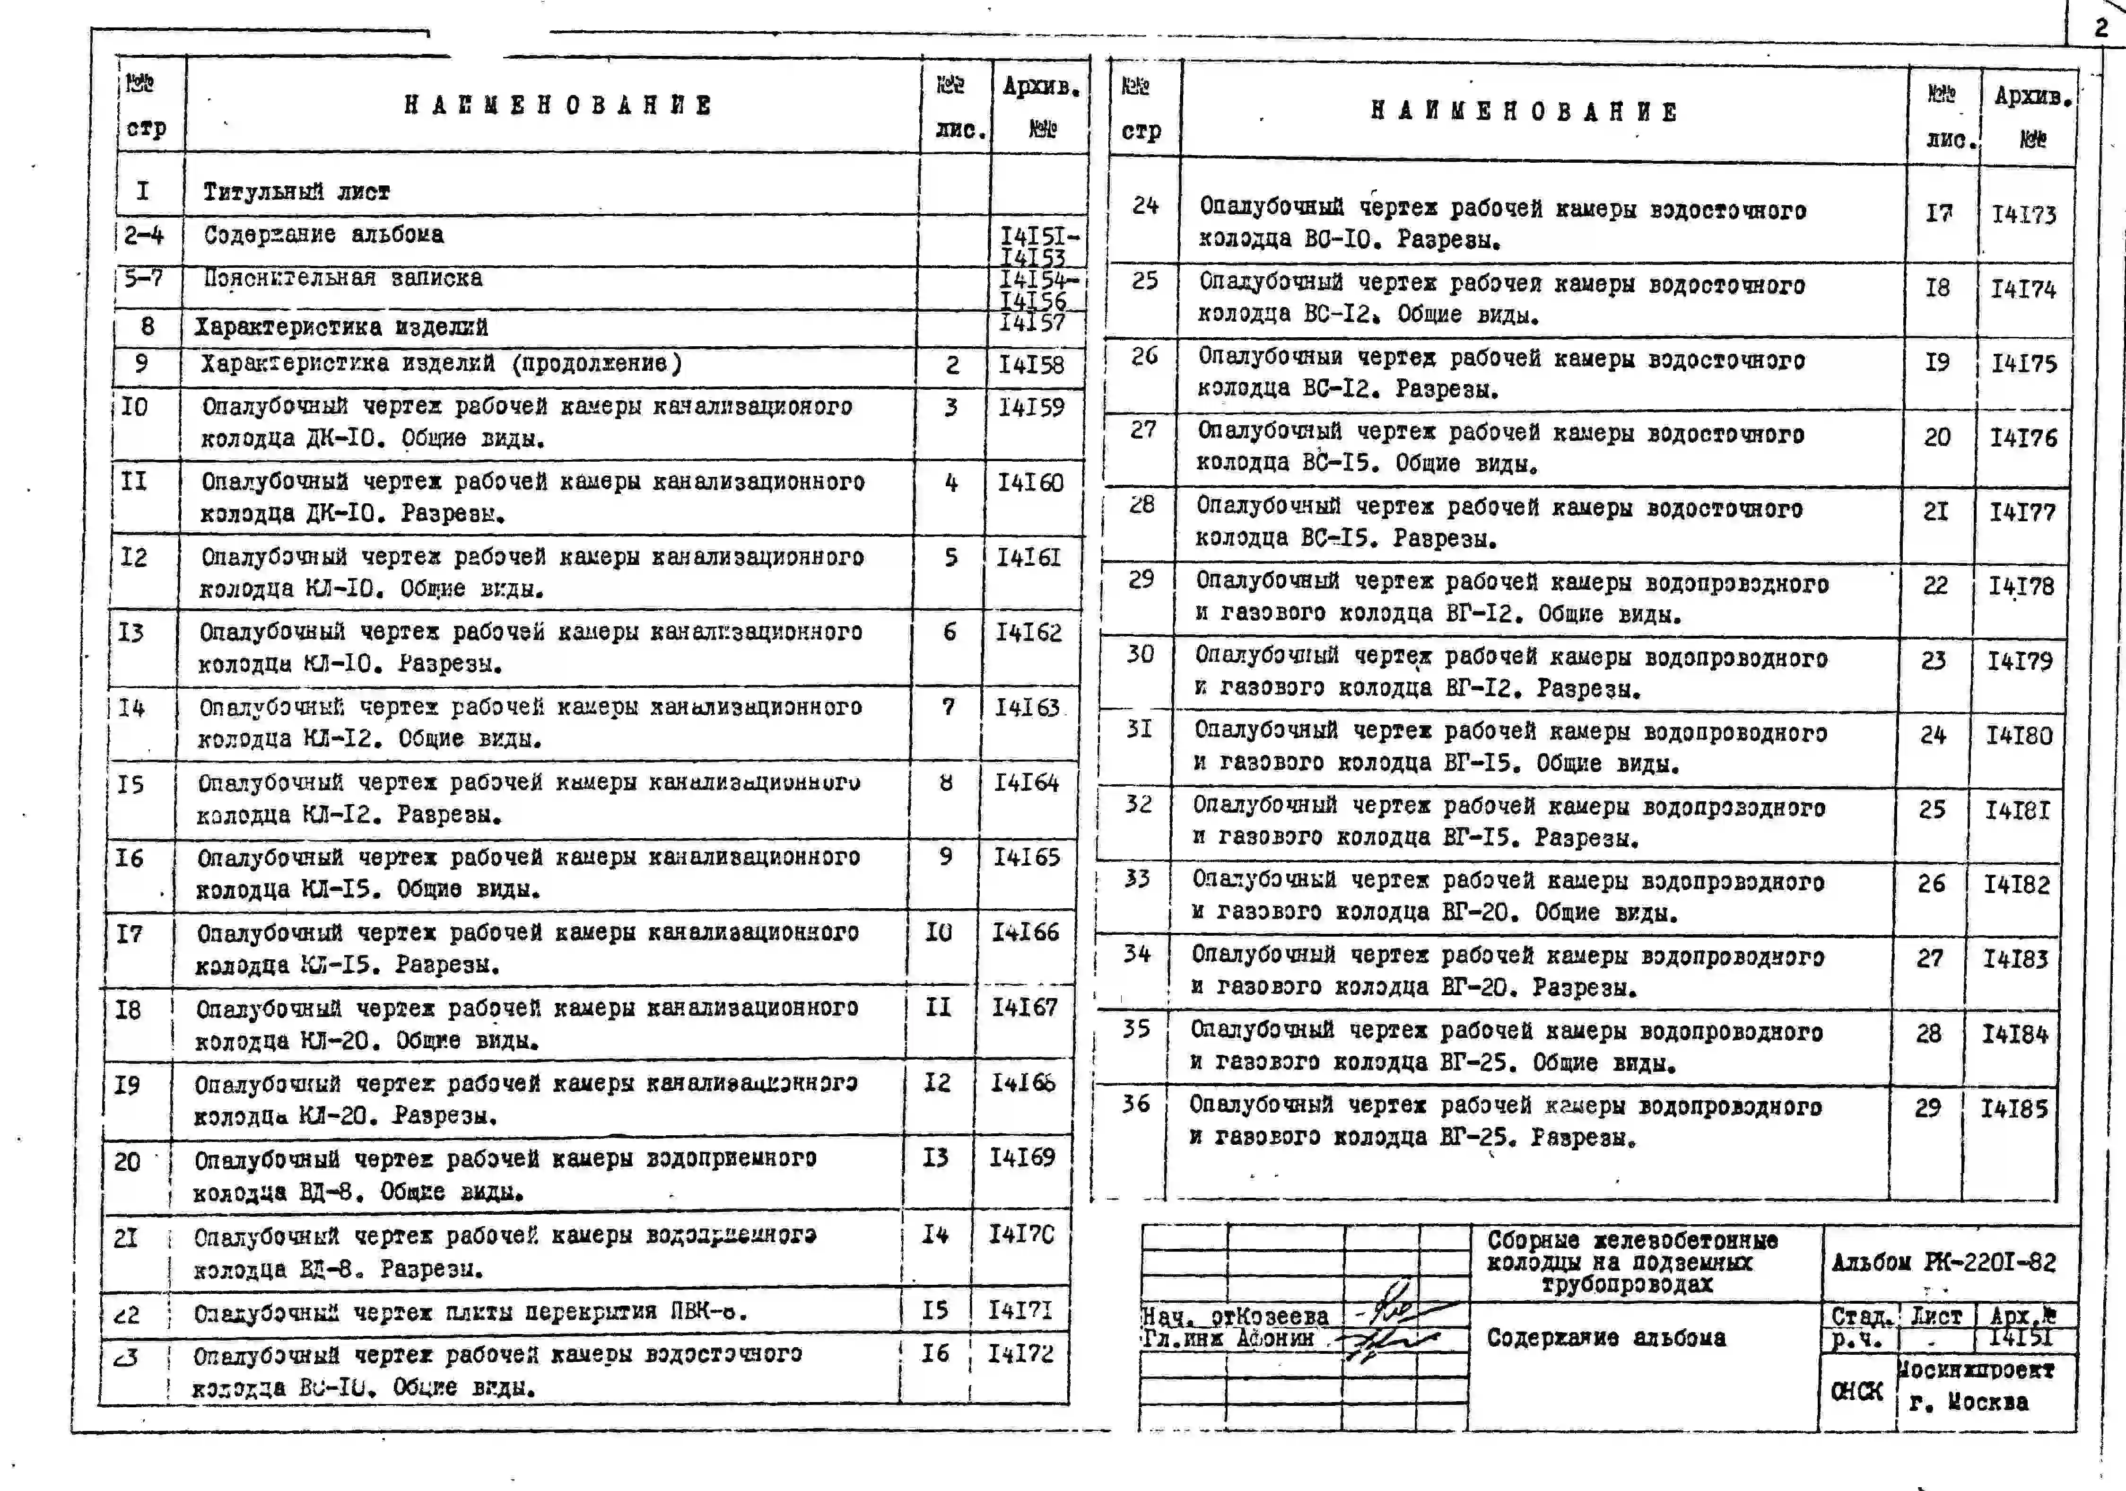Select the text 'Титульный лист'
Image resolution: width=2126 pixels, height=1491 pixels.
(x=296, y=192)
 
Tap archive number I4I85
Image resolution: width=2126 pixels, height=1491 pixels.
(x=2014, y=1108)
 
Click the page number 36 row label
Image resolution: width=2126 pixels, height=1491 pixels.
(x=1136, y=1104)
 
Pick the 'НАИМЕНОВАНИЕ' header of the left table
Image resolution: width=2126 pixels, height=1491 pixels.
(x=558, y=105)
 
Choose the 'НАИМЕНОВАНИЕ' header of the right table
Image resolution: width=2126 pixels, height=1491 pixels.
(x=1523, y=112)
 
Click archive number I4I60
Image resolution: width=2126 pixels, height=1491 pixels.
(x=1030, y=482)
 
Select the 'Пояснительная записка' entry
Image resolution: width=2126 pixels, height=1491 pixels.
(x=343, y=278)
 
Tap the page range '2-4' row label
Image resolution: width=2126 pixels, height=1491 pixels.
(x=144, y=235)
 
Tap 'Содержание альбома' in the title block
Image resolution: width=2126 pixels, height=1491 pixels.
(x=1605, y=1337)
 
